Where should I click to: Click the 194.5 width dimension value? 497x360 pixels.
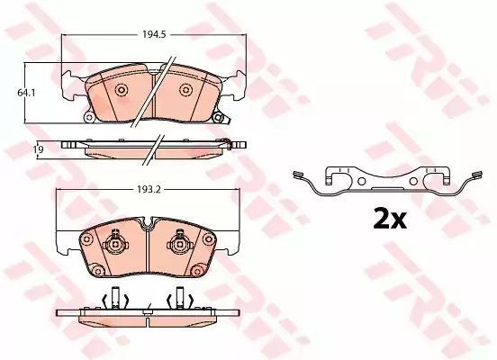pos(154,34)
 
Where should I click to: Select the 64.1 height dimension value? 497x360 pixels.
pos(26,93)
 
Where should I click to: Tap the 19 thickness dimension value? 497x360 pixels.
pos(39,148)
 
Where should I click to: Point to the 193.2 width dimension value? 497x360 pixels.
pos(149,190)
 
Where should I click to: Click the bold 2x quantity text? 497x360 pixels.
pos(390,219)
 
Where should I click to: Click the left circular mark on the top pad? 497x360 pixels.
pos(122,90)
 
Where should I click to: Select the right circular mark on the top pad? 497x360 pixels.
pos(185,90)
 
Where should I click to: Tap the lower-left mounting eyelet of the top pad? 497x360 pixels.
pos(89,118)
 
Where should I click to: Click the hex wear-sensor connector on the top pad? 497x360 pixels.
pos(218,118)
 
